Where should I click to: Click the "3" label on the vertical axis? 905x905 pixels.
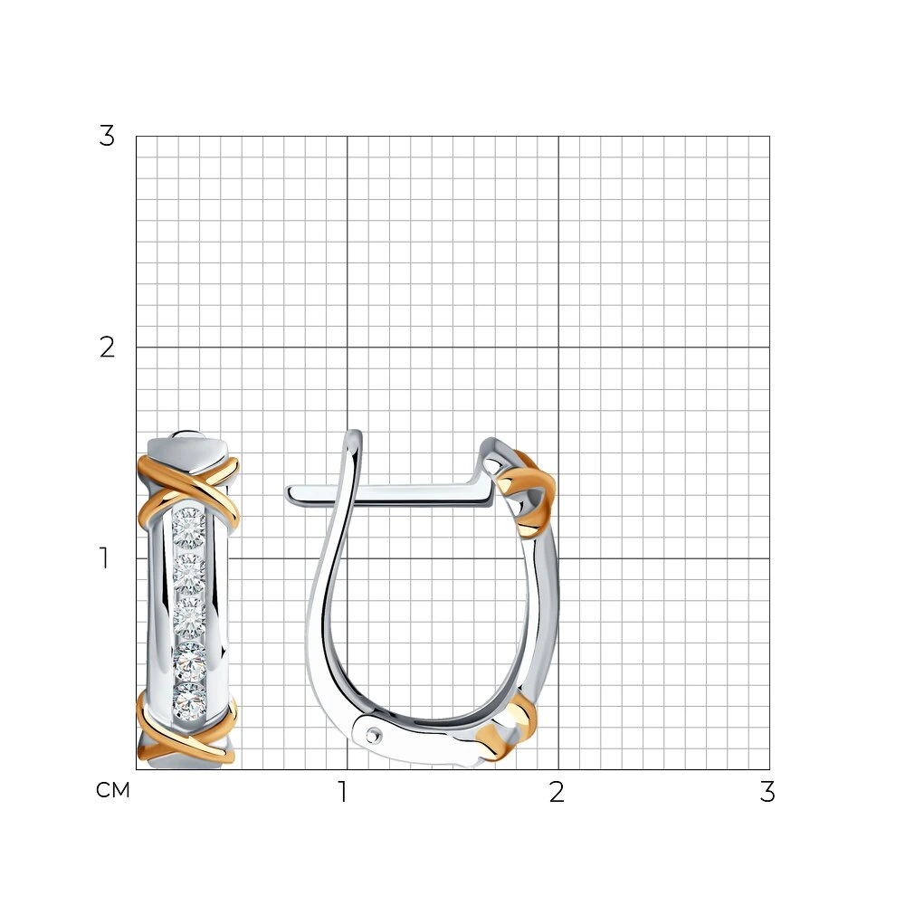tap(107, 137)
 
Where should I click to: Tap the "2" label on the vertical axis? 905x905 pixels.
tap(107, 348)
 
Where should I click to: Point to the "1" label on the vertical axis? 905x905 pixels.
tap(104, 558)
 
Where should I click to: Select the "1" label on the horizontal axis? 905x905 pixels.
tap(343, 792)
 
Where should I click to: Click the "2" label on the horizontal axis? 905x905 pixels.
tap(557, 792)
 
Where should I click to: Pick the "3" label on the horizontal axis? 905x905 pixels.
tap(767, 792)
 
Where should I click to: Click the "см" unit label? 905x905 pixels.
tap(113, 790)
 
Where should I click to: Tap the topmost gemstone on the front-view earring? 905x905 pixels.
tap(189, 528)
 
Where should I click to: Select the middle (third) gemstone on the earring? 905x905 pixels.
tap(189, 615)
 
